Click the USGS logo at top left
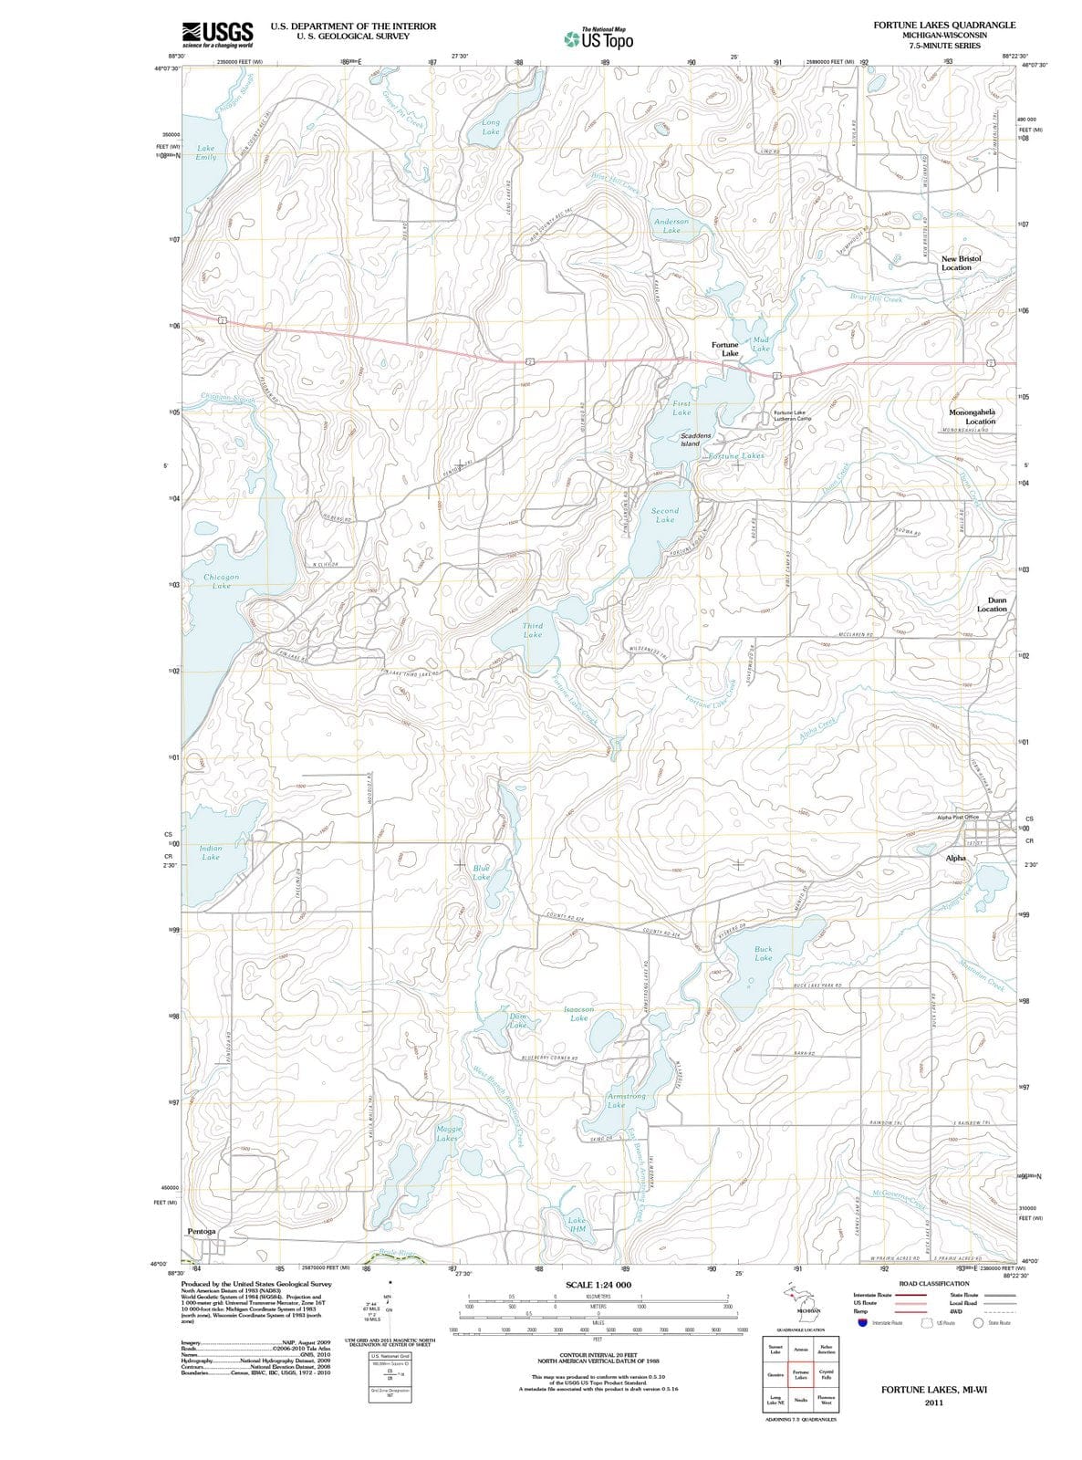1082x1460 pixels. coord(217,35)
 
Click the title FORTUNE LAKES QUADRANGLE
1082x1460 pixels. coord(943,25)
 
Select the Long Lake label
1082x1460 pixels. coord(491,127)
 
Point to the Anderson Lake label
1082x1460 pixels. coord(671,225)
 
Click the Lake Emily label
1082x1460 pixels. coord(206,152)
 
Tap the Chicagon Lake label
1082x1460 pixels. coord(221,581)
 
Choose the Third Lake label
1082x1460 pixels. coord(533,631)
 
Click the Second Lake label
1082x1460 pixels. coord(665,515)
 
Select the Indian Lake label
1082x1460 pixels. coord(211,852)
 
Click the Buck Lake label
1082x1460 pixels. coord(764,954)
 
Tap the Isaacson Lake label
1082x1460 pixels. coord(579,1014)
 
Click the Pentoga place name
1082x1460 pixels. coord(202,1231)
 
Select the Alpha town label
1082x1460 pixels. coord(955,859)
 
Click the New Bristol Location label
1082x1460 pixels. coord(961,263)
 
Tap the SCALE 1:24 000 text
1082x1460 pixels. coord(598,1284)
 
